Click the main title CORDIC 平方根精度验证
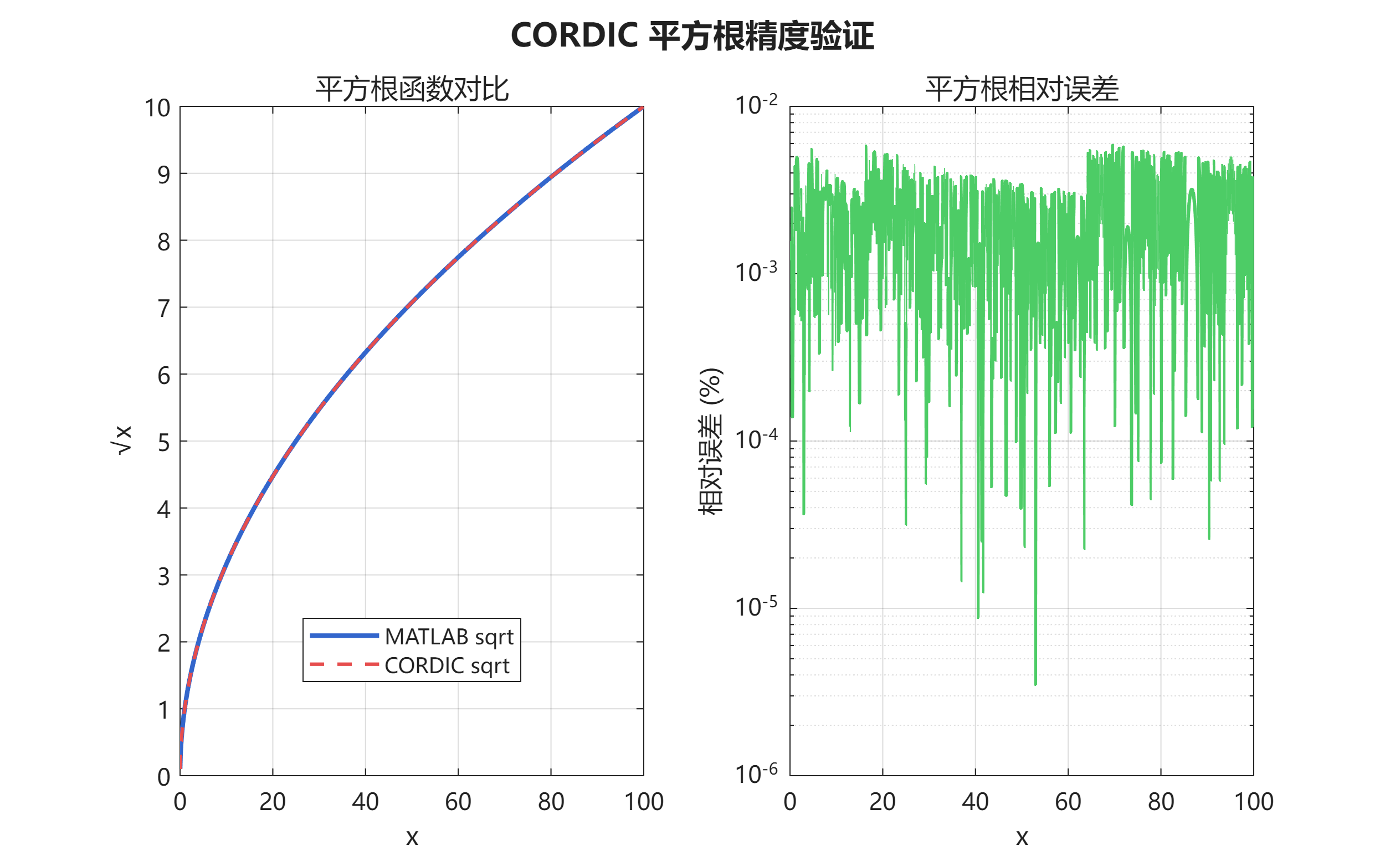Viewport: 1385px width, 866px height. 691,35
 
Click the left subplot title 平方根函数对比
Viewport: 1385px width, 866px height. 412,89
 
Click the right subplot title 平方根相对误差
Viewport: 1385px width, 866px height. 1022,89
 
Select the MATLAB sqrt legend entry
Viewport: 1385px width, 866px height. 449,636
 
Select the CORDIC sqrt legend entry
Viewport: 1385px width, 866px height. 447,665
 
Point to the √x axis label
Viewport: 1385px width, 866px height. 122,440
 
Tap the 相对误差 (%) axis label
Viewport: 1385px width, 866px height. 711,441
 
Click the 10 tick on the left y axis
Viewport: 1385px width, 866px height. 157,107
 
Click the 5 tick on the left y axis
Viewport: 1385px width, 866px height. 164,442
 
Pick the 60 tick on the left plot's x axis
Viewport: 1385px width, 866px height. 458,802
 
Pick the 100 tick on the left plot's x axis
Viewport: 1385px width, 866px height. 644,802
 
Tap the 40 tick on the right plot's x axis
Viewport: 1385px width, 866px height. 975,802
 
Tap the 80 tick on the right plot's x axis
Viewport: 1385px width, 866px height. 1161,802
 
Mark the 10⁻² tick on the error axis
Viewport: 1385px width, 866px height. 756,105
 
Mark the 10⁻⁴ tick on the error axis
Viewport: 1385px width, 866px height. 756,440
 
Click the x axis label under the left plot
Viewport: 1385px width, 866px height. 412,837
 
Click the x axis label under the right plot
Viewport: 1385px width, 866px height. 1022,837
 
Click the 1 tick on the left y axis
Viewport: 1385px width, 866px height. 164,710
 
